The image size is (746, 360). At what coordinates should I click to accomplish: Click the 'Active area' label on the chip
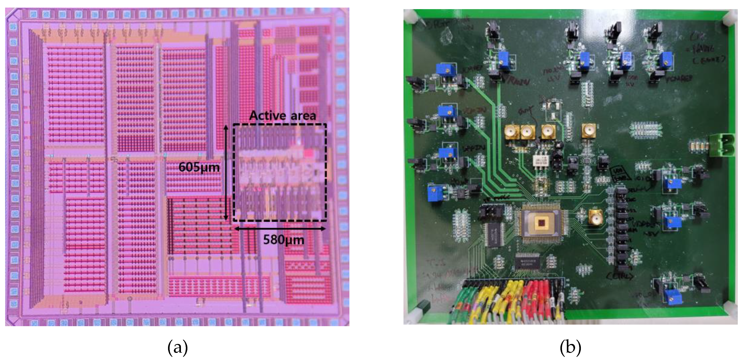coord(282,116)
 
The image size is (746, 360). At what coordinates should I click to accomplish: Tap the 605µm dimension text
coord(199,167)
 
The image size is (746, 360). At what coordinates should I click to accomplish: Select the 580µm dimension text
coord(284,240)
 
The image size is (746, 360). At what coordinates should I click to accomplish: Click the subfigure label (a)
coord(178,347)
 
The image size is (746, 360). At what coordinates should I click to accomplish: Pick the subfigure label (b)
coord(570,347)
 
